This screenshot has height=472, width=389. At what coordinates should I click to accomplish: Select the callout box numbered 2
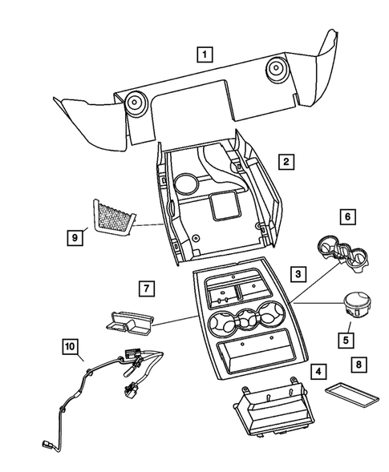pos(286,161)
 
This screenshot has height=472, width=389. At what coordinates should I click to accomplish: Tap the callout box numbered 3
pos(298,274)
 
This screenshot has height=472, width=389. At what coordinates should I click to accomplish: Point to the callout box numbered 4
pos(318,371)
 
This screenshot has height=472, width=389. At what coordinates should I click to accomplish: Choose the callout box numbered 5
pos(346,339)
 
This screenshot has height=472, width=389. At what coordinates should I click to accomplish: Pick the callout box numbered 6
pos(347,216)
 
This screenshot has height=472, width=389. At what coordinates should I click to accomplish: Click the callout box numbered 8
pos(359,365)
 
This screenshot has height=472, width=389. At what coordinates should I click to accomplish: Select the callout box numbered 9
pos(76,236)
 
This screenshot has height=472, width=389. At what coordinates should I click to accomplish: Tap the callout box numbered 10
pos(71,346)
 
